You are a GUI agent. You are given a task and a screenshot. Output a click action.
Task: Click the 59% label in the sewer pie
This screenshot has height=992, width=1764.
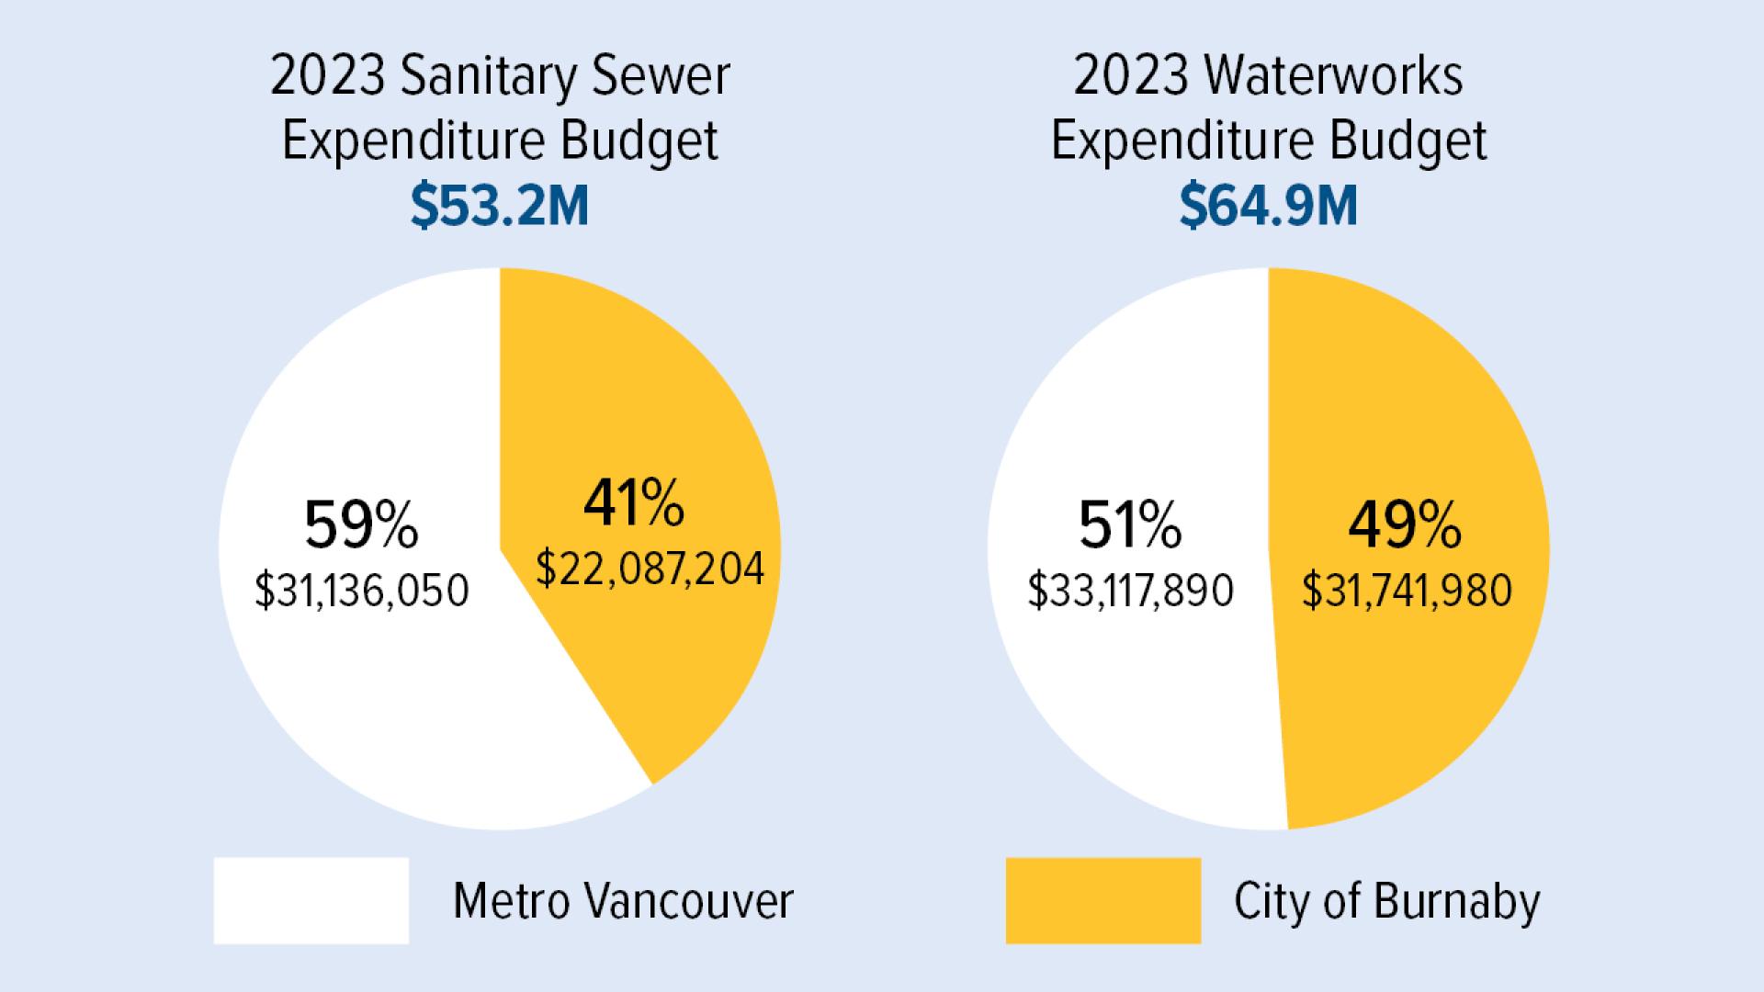point(361,526)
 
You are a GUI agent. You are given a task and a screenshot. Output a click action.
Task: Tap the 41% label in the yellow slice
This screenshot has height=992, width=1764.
point(634,504)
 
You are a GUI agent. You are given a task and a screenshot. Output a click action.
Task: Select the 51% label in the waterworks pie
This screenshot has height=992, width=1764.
point(1130,526)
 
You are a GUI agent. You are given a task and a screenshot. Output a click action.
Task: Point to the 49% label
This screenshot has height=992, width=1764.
point(1405,526)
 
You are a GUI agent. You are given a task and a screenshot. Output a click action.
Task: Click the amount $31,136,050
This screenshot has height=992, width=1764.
point(361,591)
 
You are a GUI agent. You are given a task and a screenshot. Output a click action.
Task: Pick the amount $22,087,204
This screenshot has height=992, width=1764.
point(650,569)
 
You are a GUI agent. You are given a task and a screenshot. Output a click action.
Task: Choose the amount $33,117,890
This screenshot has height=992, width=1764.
point(1130,591)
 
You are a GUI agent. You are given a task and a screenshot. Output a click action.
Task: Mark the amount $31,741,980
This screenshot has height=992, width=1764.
point(1407,591)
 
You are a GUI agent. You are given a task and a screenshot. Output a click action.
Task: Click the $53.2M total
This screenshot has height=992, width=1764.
point(499,206)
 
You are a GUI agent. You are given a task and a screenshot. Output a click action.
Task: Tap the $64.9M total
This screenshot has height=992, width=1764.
point(1268,206)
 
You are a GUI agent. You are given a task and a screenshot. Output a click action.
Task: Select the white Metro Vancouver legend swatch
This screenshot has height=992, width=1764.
point(311,900)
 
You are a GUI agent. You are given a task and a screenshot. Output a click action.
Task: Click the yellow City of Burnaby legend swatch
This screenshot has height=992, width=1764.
point(1102,900)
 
